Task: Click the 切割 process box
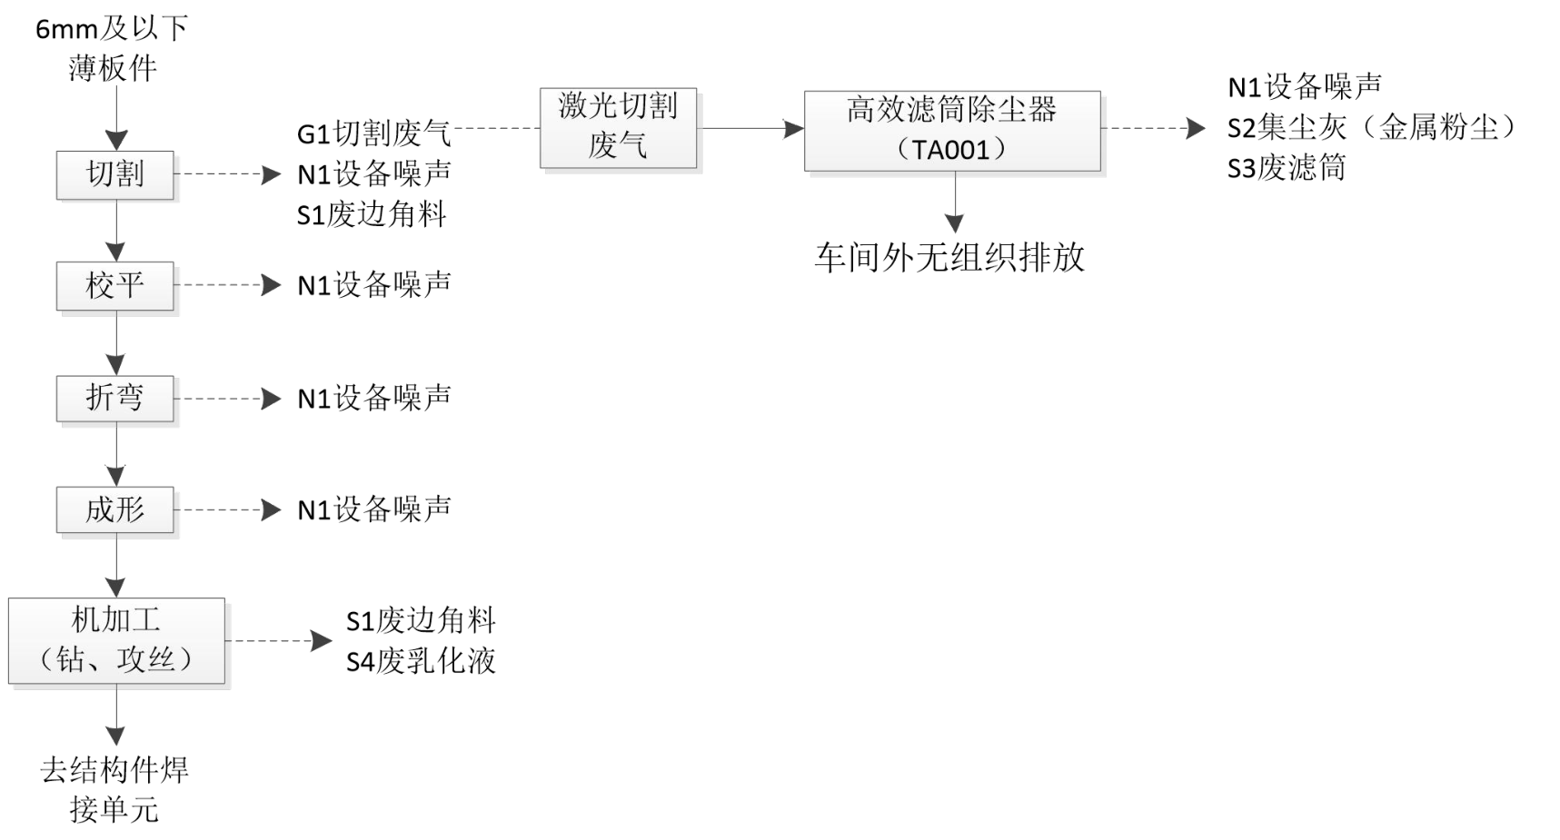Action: [114, 174]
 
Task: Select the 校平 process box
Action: [114, 286]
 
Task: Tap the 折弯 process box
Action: [114, 398]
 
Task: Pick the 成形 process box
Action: [114, 509]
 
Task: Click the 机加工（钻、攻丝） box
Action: [116, 640]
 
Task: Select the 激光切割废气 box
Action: [618, 128]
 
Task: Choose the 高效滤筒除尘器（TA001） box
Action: [951, 130]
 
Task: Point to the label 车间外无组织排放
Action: [949, 258]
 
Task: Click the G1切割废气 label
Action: [373, 133]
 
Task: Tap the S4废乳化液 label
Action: [421, 661]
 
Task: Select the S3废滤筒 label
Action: [1286, 168]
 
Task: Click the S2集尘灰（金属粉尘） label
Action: [1372, 128]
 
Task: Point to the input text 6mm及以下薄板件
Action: [113, 48]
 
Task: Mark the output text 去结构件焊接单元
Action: [114, 789]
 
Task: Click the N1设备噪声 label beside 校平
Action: [373, 285]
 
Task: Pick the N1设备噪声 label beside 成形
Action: [373, 509]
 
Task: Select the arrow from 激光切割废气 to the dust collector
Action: [750, 128]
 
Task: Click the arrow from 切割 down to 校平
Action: [116, 231]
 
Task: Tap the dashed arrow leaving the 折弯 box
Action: [227, 399]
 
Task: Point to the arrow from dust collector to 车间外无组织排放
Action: [954, 202]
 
